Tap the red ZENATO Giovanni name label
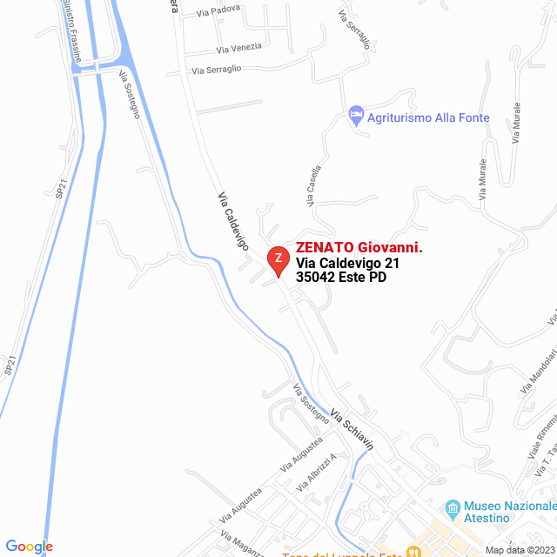coord(359,247)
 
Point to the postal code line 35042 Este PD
coord(341,278)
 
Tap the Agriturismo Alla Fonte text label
coord(428,117)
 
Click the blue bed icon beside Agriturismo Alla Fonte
coord(355,114)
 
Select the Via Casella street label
coord(313,185)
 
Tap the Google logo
coord(29,547)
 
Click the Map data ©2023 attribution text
coord(519,550)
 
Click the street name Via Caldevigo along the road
coord(233,222)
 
